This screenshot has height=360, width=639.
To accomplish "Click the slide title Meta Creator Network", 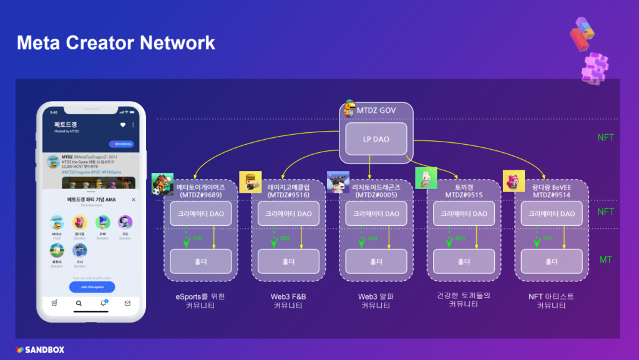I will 115,42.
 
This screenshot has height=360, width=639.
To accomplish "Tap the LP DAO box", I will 376,139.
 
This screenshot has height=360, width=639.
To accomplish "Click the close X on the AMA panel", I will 134,200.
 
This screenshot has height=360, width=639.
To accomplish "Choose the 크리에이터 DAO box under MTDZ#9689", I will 201,213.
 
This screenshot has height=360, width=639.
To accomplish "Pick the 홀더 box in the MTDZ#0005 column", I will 376,261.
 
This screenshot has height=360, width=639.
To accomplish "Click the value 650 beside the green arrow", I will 197,238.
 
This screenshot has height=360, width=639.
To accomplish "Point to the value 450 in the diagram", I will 373,238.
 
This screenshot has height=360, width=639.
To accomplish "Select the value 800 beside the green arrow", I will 460,238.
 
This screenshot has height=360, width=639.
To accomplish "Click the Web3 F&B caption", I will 288,296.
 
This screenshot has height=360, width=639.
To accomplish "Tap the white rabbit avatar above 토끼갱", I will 426,178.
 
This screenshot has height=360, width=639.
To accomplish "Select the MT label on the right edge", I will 605,259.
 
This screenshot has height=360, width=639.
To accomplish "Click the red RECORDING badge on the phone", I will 122,144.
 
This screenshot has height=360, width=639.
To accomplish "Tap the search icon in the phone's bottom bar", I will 79,304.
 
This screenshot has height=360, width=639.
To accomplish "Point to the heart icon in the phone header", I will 123,125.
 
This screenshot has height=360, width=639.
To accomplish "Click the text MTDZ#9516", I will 288,195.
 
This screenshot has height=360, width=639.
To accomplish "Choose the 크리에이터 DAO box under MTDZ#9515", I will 464,213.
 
